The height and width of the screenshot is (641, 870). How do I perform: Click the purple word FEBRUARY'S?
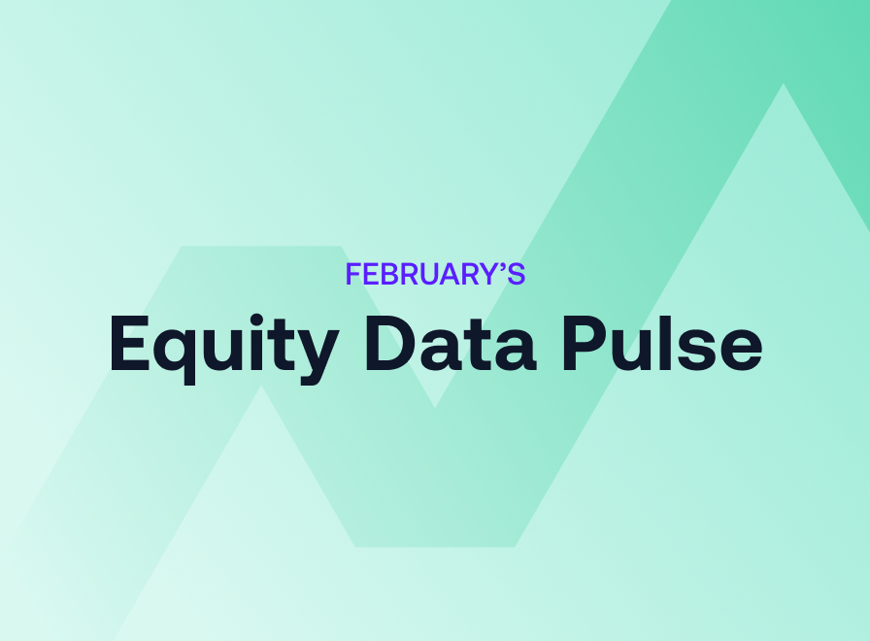pos(435,275)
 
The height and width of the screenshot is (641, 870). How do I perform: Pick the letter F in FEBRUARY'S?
pos(353,275)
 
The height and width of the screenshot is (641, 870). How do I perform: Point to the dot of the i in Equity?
pos(268,315)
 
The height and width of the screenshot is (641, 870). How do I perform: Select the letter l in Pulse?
pos(678,340)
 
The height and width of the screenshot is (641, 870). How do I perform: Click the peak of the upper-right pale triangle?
pos(783,85)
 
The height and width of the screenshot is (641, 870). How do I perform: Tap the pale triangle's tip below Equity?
pos(260,388)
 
